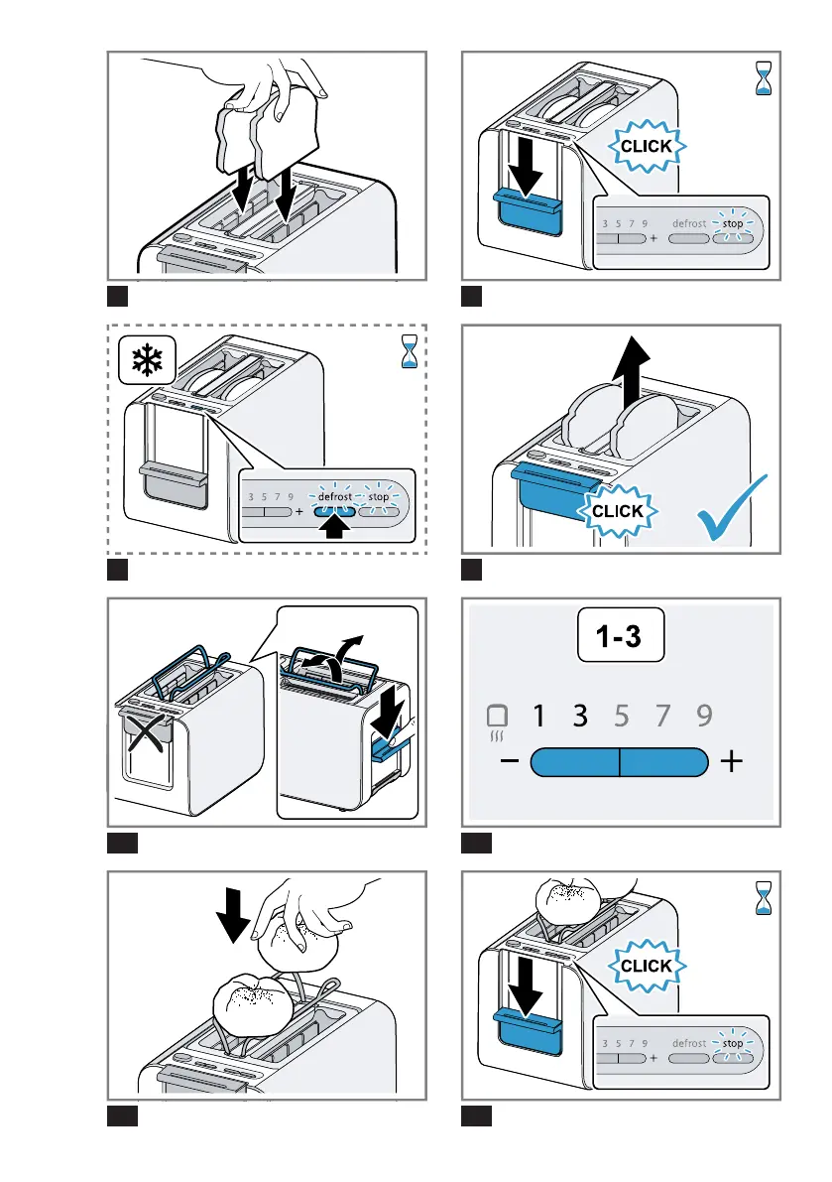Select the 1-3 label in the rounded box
(622, 639)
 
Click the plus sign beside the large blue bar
(733, 761)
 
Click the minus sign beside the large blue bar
(509, 761)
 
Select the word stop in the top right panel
(733, 224)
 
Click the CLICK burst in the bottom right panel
(647, 966)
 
